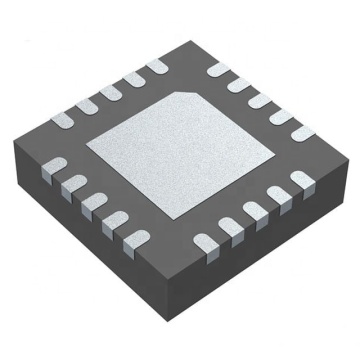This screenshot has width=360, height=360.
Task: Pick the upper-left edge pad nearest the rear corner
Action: click(x=156, y=67)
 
